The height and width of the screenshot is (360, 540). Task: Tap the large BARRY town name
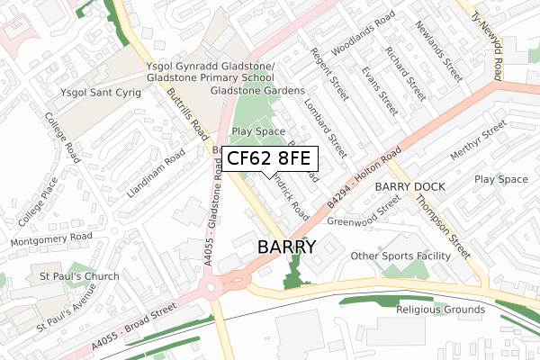(286, 247)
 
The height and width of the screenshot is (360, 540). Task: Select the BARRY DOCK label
(410, 186)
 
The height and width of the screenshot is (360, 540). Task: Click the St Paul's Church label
(78, 275)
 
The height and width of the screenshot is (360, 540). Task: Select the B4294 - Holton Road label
(364, 175)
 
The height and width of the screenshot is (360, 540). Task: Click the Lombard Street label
(325, 132)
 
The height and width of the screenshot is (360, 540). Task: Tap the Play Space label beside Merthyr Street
(501, 180)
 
